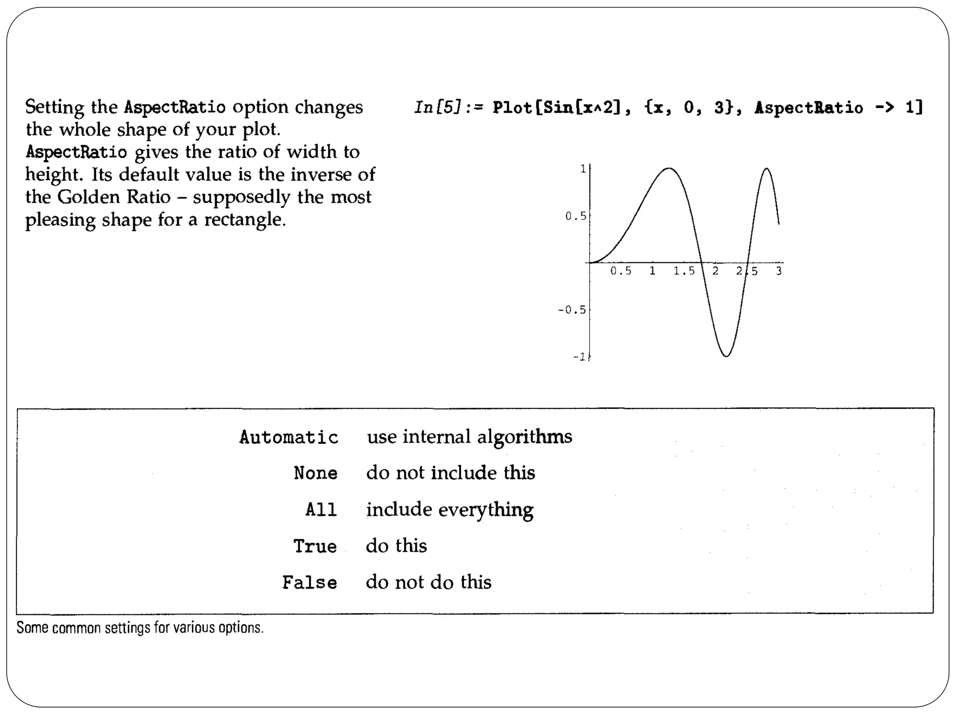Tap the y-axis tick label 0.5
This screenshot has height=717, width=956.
tap(575, 216)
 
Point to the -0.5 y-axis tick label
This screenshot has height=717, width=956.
tap(572, 310)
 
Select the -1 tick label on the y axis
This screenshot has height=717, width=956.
tap(579, 357)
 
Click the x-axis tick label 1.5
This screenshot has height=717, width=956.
tap(684, 271)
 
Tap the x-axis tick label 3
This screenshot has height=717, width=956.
tap(779, 271)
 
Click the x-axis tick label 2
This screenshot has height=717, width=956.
tap(715, 271)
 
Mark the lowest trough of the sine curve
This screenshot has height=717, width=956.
tap(726, 356)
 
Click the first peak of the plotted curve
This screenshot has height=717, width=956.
tap(669, 169)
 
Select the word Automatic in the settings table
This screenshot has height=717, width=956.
tap(288, 437)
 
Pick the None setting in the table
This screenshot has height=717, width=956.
tap(316, 473)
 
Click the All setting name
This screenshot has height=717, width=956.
tap(321, 510)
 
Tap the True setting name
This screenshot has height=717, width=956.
tap(315, 546)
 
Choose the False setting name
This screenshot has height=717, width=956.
tap(309, 583)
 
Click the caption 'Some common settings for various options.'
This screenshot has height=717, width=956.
tap(140, 628)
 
